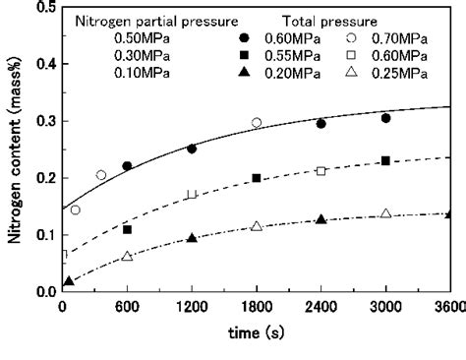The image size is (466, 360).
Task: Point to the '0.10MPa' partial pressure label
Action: [x=113, y=75]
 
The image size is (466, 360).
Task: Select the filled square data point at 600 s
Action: [x=128, y=229]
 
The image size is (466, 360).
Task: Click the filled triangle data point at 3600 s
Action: [x=449, y=214]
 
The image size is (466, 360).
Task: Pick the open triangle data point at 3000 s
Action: [x=385, y=213]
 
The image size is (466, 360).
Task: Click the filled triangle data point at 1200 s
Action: [x=192, y=238]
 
